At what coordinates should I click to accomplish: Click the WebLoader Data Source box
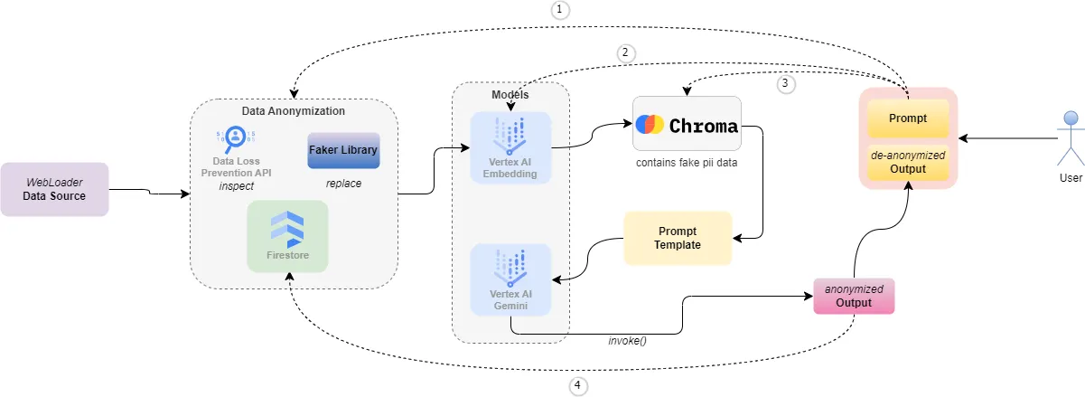coord(54,189)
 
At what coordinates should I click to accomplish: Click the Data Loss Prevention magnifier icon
coord(235,137)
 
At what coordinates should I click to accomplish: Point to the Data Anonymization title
coord(293,111)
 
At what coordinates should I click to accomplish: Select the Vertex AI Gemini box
coord(511,279)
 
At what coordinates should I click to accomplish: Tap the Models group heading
coord(510,95)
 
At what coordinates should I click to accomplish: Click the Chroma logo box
coord(687,124)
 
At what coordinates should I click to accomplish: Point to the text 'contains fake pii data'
coord(687,163)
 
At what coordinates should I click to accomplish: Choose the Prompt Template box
coord(678,238)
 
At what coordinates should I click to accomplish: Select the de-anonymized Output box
coord(908,162)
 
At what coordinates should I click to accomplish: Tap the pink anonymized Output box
coord(854,296)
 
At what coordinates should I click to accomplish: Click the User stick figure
coord(1071,140)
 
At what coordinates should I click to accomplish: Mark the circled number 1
coord(561,10)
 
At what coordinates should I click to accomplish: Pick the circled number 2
coord(625,52)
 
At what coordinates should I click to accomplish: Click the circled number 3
coord(785,83)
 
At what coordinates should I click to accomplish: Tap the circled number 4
coord(578,386)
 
